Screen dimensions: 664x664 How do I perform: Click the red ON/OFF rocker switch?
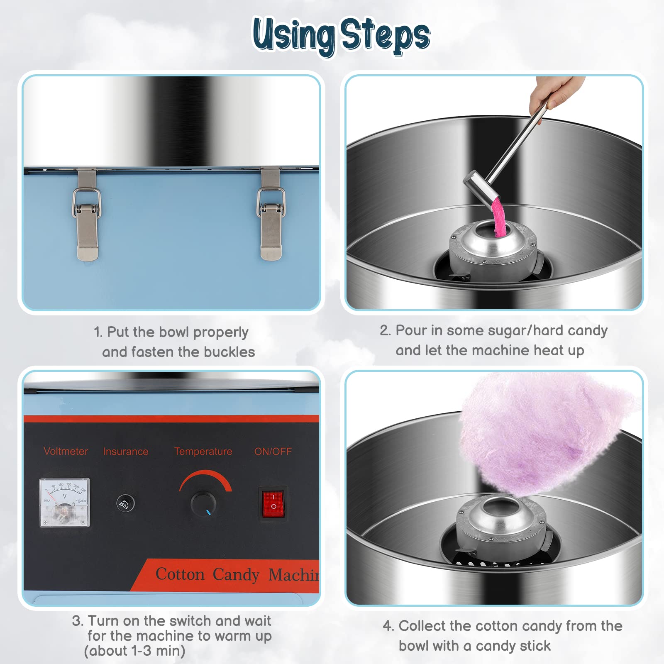point(273,503)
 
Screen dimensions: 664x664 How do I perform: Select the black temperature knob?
point(203,503)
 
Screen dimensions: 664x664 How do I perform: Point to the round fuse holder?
point(125,503)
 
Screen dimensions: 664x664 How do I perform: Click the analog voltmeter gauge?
point(64,502)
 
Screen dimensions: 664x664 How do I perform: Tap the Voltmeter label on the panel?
point(66,451)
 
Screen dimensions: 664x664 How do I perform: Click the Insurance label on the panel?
point(125,452)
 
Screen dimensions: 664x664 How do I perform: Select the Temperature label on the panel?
point(203,452)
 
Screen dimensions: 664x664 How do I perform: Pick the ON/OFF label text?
point(273,452)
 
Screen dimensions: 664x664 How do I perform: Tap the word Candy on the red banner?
point(236,575)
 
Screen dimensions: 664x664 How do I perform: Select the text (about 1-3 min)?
point(134,651)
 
